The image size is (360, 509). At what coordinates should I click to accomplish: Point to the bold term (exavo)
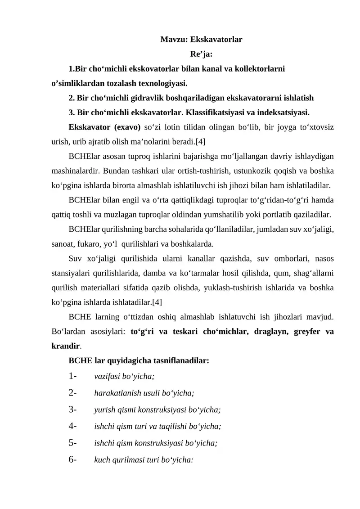[127, 127]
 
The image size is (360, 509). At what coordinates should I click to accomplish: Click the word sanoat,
[60, 243]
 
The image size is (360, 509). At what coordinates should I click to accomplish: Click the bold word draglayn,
[259, 332]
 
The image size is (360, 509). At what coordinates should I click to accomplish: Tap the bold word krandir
[65, 346]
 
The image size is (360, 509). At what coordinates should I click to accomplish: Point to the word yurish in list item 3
[103, 410]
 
